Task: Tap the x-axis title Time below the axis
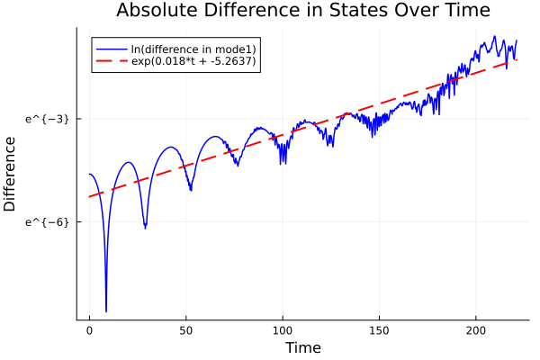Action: (302, 347)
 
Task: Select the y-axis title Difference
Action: (10, 174)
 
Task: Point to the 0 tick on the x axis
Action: (89, 330)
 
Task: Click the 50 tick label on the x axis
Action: (186, 330)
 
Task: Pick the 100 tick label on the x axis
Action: (283, 330)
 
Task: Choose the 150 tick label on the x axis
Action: (380, 330)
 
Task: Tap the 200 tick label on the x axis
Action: (476, 330)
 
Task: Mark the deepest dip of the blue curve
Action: (106, 311)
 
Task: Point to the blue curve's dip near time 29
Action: (145, 229)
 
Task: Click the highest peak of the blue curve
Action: (494, 37)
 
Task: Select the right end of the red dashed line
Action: (517, 59)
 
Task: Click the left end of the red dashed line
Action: (89, 196)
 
